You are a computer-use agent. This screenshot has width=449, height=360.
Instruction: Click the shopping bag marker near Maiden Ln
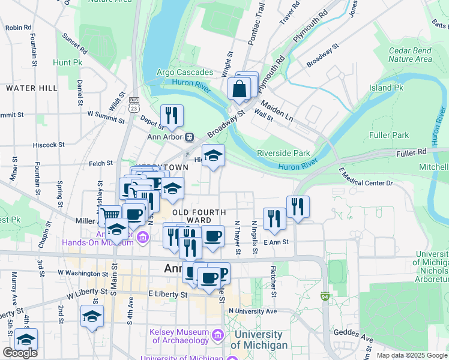click(x=240, y=89)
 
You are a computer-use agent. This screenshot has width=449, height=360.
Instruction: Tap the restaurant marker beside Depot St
click(x=172, y=115)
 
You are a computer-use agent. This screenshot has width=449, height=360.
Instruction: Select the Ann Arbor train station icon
click(x=189, y=136)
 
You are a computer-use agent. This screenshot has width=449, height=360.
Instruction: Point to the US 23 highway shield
click(x=134, y=104)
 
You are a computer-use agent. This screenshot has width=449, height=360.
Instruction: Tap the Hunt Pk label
click(x=67, y=62)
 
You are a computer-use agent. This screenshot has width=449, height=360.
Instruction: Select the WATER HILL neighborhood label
click(x=32, y=88)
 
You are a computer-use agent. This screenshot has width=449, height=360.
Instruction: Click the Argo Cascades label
click(x=184, y=73)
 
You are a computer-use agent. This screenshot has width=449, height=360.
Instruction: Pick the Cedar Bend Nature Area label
click(x=410, y=55)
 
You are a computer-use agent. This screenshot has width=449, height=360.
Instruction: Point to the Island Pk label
click(x=386, y=88)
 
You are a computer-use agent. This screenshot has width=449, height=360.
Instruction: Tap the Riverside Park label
click(x=283, y=152)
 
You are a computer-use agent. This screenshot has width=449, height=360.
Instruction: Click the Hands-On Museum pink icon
click(x=142, y=238)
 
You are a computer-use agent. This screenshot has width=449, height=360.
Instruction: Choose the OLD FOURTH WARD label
click(x=199, y=216)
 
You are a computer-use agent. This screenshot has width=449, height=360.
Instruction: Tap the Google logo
click(x=20, y=352)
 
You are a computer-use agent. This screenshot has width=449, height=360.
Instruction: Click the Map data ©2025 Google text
click(x=411, y=355)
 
